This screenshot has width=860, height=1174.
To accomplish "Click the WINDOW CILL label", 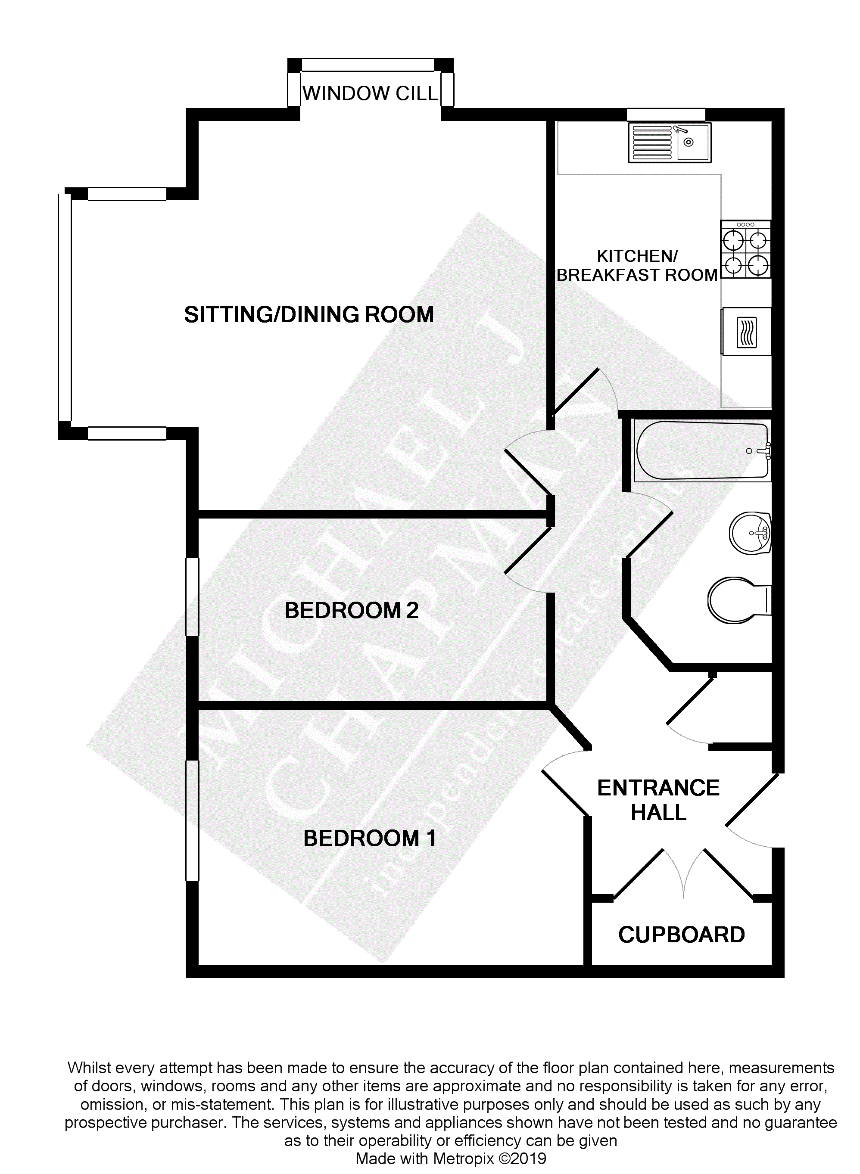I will coord(370,94).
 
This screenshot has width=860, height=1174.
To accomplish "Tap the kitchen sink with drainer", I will coord(670,143).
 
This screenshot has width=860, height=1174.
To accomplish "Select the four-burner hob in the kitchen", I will coord(745,249).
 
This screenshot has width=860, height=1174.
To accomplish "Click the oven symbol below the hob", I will coord(746,332).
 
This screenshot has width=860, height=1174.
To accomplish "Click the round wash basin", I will coord(750,533).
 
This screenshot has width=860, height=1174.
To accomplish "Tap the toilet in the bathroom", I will coord(738,600).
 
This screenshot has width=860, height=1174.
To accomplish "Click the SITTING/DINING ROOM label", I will coord(308,315).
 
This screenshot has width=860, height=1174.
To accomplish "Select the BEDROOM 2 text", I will coord(352,610).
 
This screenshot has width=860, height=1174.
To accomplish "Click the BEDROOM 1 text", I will coord(370,839).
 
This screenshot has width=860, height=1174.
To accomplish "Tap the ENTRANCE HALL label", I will coord(658,800).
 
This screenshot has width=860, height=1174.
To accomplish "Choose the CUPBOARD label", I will coord(682,935).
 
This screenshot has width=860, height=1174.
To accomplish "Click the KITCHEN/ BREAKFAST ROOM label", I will coord(637,265).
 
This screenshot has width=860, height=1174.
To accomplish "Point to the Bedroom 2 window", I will coord(193,596).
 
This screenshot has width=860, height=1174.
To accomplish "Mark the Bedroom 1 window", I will coord(193,821).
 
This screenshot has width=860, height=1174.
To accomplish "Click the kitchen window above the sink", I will coord(665,115).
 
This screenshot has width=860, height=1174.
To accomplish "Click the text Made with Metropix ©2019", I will coord(451,1159).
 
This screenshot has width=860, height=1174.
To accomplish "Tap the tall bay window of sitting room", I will coord(65,307).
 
